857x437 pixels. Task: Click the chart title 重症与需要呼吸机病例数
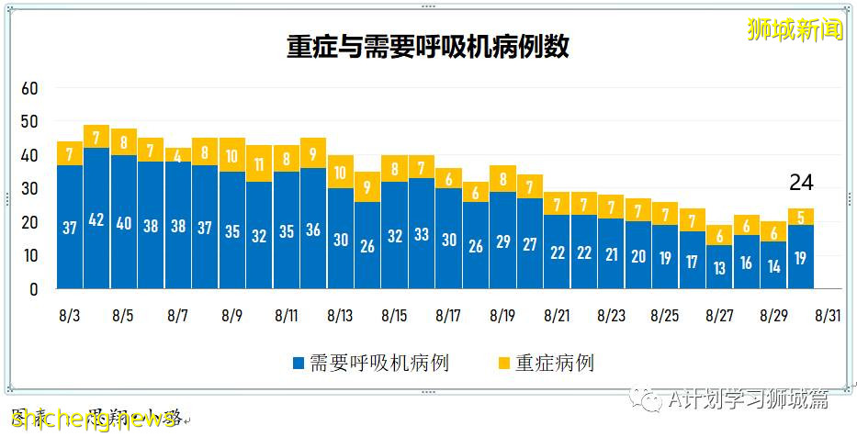click(427, 47)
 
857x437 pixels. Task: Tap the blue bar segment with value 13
click(719, 266)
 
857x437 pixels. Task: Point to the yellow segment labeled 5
click(801, 217)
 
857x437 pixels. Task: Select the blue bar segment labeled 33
click(422, 233)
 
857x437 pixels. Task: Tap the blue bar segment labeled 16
click(747, 262)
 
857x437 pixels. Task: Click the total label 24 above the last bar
click(801, 184)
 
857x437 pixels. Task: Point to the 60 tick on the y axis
click(29, 88)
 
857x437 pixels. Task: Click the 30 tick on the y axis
click(29, 188)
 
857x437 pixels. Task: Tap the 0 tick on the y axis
click(33, 288)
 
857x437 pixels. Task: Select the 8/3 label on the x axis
click(70, 315)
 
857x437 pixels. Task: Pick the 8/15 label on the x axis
click(394, 315)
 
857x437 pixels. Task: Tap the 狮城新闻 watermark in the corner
click(795, 29)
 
